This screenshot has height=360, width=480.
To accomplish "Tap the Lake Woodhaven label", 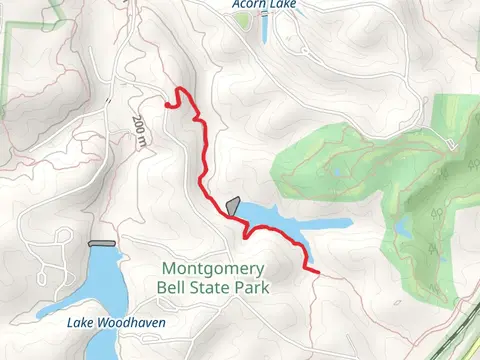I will pos(116,323).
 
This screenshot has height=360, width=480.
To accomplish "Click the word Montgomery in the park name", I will pos(213,269).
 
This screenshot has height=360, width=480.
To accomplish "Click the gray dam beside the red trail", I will pos(233,206).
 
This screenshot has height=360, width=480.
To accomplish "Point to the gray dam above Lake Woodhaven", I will pos(102,243).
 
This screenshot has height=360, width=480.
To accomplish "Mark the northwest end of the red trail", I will pos(166,100).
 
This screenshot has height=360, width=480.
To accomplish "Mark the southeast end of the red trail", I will pos(317,270).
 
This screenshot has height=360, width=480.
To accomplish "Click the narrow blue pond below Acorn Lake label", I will pos(265,30).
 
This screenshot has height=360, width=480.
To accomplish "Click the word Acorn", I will pos(247,5).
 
